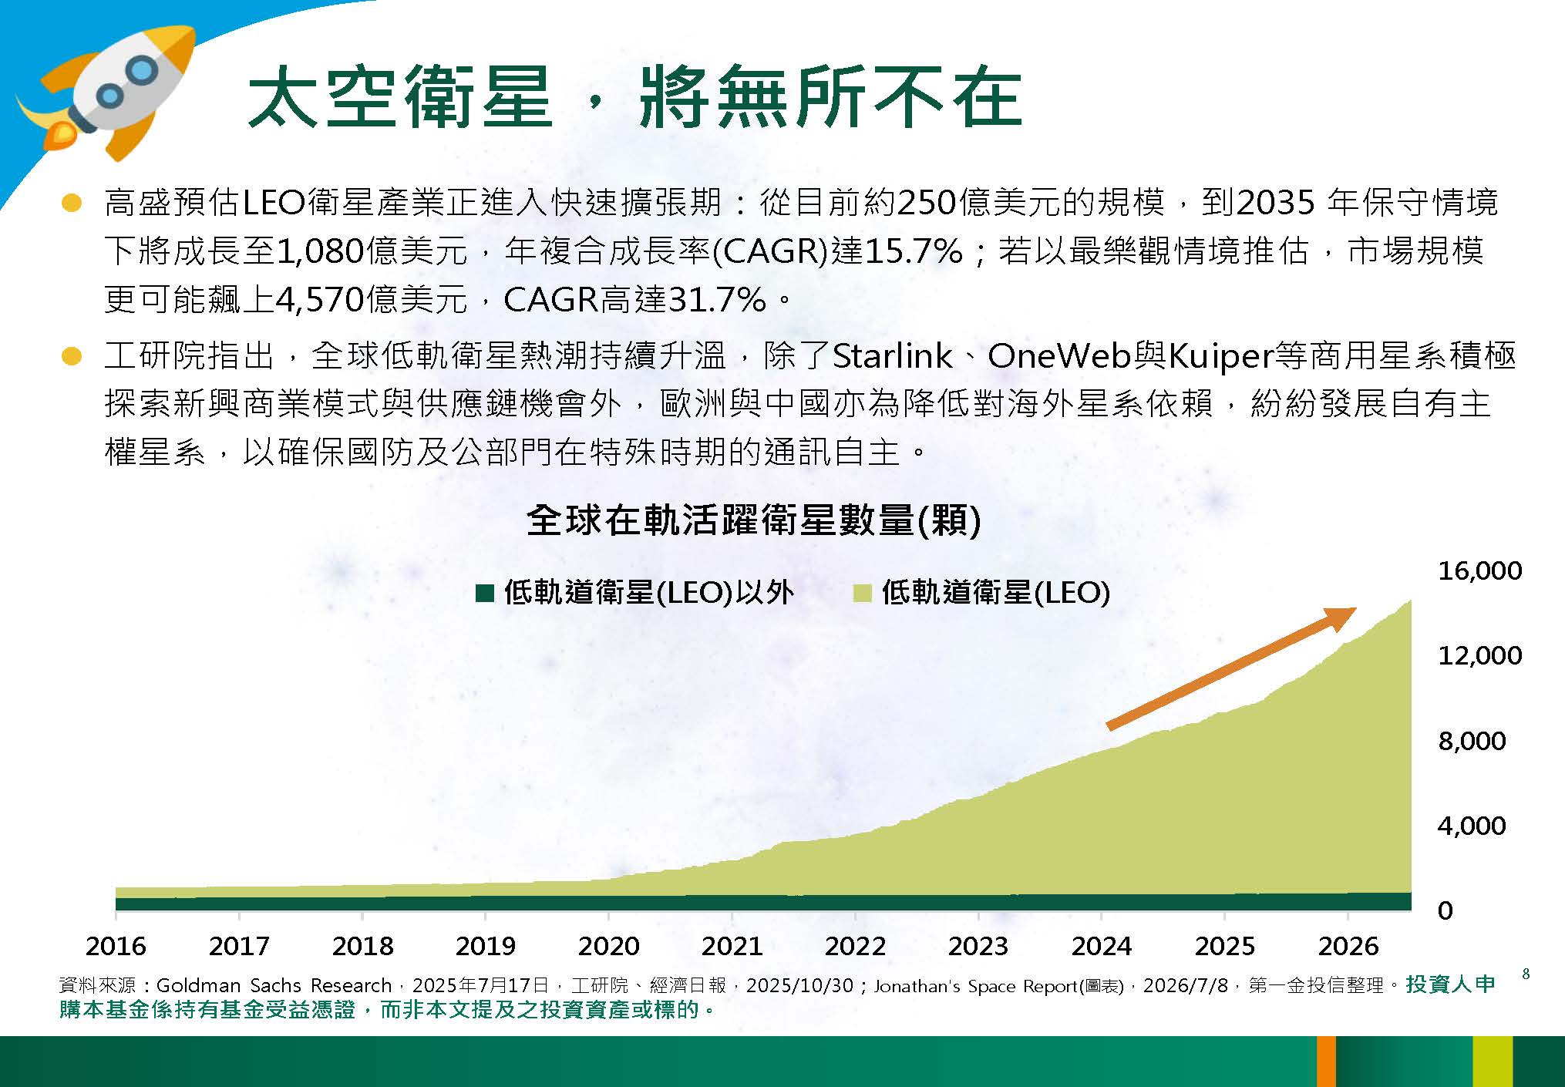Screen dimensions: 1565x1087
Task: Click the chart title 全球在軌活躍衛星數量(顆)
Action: [754, 520]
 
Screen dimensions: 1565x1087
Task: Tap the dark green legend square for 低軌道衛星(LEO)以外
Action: [485, 593]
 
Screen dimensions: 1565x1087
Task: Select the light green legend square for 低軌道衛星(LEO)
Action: [863, 593]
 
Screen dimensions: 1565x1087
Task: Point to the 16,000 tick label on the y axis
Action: [1479, 570]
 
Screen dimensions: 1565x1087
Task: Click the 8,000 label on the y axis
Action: [1472, 741]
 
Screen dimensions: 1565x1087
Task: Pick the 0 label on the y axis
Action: [1445, 910]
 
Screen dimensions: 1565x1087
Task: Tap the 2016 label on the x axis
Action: [116, 946]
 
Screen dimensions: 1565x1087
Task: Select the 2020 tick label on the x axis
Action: [608, 946]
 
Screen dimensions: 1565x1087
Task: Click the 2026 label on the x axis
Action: [1348, 946]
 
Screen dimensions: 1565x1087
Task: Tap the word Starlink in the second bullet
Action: [893, 355]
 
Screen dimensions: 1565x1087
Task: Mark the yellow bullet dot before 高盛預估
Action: [72, 204]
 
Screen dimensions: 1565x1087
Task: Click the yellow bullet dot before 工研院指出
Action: [72, 356]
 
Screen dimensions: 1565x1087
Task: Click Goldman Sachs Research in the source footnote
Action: [274, 985]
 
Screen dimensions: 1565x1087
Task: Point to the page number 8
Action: [1526, 974]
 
